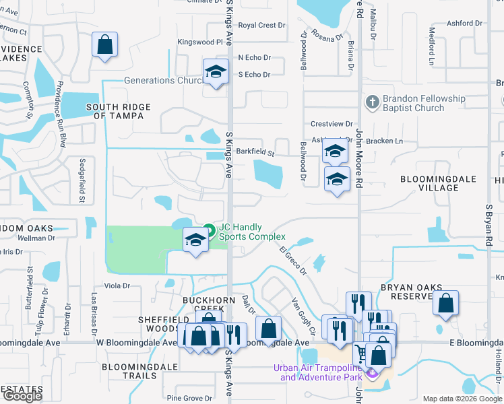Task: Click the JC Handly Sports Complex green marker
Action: coord(210,232)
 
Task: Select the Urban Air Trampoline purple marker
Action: coord(372,372)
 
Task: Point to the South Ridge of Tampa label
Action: coord(115,111)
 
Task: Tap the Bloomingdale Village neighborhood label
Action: coord(438,183)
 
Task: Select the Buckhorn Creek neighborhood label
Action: coord(209,300)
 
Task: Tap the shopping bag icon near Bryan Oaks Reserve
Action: coord(445,303)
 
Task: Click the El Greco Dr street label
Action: coord(293,261)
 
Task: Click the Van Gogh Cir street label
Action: coord(303,316)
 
